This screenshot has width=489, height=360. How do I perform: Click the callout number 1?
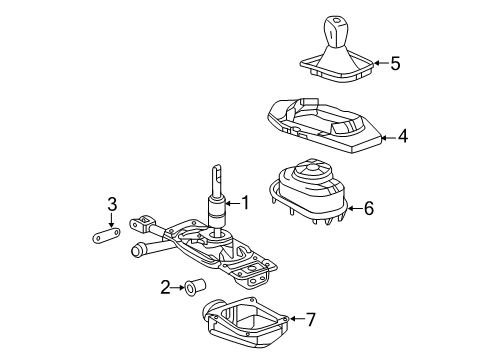(245, 203)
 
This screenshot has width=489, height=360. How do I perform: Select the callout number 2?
(165, 289)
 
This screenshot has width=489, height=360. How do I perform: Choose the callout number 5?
(395, 63)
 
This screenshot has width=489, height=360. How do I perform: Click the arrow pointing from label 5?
(379, 63)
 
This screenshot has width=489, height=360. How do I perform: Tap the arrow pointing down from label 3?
(113, 222)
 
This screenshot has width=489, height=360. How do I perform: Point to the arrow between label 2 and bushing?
(177, 289)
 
